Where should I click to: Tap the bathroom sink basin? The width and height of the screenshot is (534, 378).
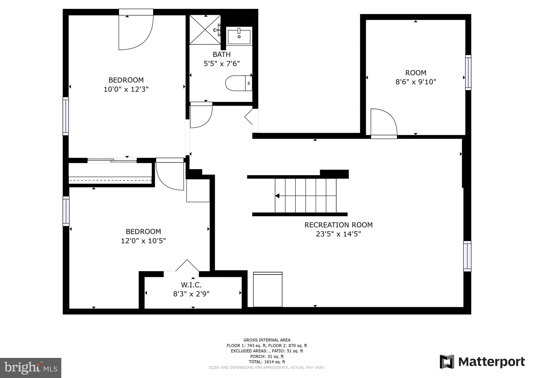click(239, 37)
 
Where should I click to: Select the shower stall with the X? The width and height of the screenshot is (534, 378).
click(205, 30)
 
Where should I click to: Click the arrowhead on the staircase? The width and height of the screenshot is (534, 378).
click(277, 196)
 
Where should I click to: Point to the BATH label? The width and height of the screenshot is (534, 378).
click(222, 54)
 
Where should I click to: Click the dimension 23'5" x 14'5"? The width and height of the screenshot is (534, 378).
click(338, 234)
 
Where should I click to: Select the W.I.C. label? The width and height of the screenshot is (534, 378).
click(191, 285)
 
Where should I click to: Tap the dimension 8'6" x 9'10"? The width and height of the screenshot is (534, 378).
click(416, 82)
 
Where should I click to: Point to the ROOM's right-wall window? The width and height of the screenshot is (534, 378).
click(468, 73)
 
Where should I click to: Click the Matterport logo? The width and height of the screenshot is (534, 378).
click(482, 362)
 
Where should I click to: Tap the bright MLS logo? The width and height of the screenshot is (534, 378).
click(31, 368)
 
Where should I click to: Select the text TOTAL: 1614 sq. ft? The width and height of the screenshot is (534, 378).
click(267, 362)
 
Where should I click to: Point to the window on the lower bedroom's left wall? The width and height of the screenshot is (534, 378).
click(66, 211)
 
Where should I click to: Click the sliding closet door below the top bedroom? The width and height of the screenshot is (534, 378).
click(112, 160)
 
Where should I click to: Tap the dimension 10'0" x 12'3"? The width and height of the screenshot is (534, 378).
click(126, 89)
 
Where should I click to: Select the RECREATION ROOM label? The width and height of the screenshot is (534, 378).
click(338, 225)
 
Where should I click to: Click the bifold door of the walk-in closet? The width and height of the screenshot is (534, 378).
click(187, 265)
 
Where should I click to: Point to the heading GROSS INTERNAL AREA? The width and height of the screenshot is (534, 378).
click(267, 340)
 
